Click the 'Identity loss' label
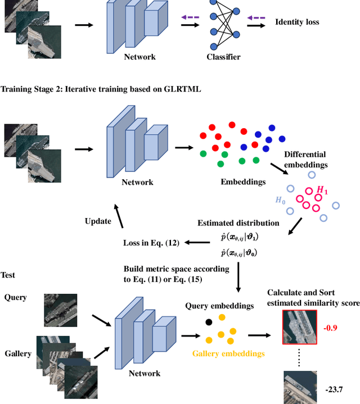tap(296, 22)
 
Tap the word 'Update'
tap(99, 221)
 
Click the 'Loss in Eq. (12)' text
tap(151, 243)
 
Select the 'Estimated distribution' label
tap(238, 223)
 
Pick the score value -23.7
tap(334, 389)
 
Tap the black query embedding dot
tap(209, 322)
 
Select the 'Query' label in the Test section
tap(15, 297)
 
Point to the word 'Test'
tap(8, 275)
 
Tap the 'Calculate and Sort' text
tap(301, 293)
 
